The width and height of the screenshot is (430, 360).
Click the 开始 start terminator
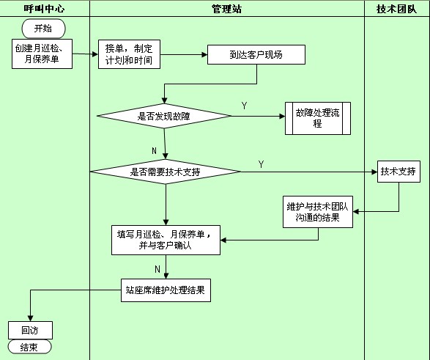pyautogui.click(x=44, y=29)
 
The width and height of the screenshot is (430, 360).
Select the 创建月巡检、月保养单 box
pyautogui.click(x=42, y=54)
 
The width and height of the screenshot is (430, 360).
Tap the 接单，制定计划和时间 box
pyautogui.click(x=129, y=54)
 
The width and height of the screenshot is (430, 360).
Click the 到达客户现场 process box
pyautogui.click(x=256, y=54)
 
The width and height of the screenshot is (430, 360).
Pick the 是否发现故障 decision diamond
pyautogui.click(x=164, y=116)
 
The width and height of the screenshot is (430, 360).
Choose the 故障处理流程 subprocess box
pyautogui.click(x=318, y=118)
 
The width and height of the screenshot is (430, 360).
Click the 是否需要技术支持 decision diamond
pyautogui.click(x=166, y=172)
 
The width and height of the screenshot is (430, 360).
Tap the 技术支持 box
pyautogui.click(x=399, y=172)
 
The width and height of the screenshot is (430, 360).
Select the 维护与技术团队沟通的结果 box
pyautogui.click(x=318, y=212)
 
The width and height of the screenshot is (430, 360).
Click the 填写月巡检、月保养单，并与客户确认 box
pyautogui.click(x=166, y=240)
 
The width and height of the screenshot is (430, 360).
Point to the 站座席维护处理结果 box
pyautogui.click(x=166, y=290)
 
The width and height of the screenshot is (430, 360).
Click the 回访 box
pyautogui.click(x=30, y=331)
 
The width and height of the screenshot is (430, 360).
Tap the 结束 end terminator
pyautogui.click(x=29, y=347)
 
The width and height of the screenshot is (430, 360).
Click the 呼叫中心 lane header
pyautogui.click(x=44, y=9)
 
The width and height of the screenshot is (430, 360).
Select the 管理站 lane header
pyautogui.click(x=227, y=9)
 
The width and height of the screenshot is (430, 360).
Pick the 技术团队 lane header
pyautogui.click(x=397, y=9)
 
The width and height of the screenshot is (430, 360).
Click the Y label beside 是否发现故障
pyautogui.click(x=245, y=106)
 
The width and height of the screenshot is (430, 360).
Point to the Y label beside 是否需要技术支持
pyautogui.click(x=261, y=164)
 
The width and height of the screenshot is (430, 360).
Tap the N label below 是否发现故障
pyautogui.click(x=154, y=150)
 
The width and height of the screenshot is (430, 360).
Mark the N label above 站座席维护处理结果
pyautogui.click(x=157, y=269)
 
